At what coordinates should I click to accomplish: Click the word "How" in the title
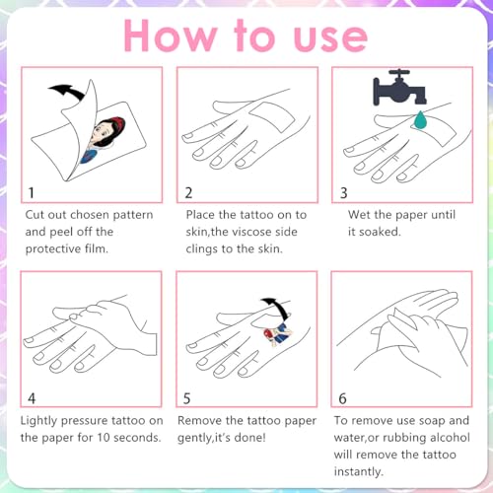click(x=171, y=35)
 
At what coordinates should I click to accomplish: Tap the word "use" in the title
click(x=330, y=38)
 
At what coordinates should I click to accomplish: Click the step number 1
click(x=32, y=192)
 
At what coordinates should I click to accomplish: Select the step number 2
click(x=188, y=192)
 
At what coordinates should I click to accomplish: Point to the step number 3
click(x=344, y=193)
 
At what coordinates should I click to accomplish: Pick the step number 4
click(x=32, y=398)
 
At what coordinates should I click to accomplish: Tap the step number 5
click(x=186, y=398)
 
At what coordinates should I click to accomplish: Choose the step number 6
click(x=342, y=398)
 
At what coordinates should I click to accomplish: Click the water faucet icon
click(x=399, y=88)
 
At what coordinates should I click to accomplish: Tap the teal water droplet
click(x=420, y=120)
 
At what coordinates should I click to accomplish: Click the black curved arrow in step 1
click(x=67, y=91)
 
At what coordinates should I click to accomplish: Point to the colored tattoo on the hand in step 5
click(x=278, y=333)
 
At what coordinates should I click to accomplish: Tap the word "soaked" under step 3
click(x=380, y=232)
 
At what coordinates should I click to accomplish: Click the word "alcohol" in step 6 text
click(x=450, y=438)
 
